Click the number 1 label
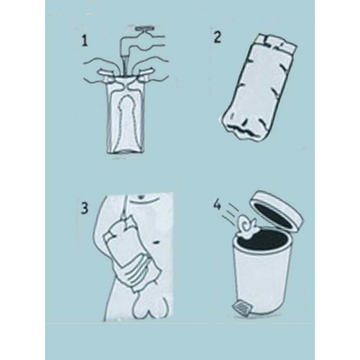pos(85,41)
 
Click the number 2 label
pos(217,37)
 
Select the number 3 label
pos(85,208)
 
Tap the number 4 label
pos(217,205)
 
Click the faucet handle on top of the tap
pos(145,29)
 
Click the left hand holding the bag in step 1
pos(101,69)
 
